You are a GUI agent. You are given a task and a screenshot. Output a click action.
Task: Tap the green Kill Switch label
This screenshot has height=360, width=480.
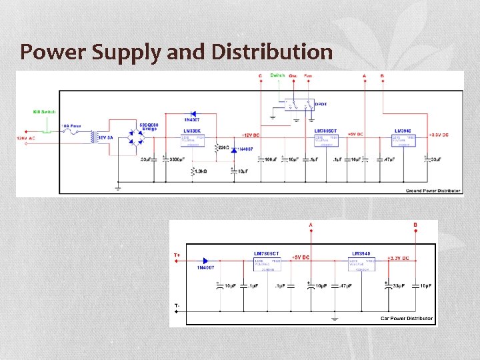(x=45, y=112)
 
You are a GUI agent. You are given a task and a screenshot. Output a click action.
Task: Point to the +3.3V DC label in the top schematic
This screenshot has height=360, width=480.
(x=437, y=135)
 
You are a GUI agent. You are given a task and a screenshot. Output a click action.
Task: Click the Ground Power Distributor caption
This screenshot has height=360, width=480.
(x=433, y=191)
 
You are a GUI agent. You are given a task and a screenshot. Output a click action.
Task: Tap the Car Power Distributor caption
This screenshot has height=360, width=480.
(x=407, y=319)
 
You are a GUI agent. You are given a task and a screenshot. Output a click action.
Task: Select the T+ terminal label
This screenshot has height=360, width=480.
(x=177, y=255)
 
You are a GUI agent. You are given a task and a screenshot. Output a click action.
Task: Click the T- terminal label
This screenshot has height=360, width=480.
(x=177, y=306)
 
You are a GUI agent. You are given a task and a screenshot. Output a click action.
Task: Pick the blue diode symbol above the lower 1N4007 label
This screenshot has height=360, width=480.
(x=207, y=261)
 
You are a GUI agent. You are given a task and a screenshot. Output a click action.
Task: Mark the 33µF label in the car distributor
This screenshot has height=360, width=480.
(x=398, y=287)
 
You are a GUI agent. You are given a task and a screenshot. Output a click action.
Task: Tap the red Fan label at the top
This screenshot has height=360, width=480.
(x=308, y=76)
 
